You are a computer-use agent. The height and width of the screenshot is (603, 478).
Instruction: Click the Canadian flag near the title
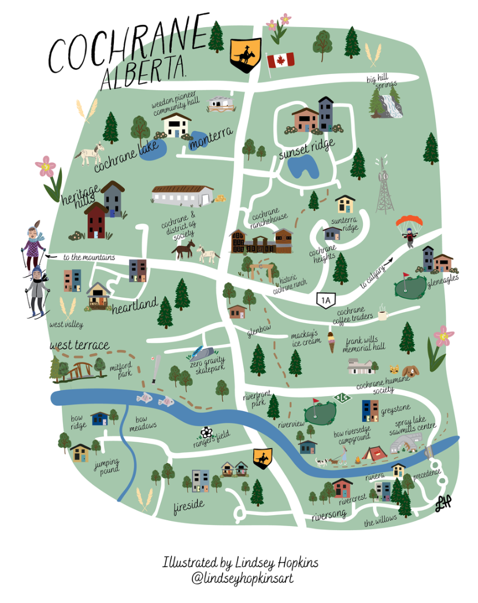point(280,60)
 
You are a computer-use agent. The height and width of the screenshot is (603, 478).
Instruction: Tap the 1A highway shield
point(326,299)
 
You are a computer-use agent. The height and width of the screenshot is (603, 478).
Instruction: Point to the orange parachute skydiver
point(409,229)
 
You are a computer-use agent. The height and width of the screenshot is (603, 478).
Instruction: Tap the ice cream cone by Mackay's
point(331,342)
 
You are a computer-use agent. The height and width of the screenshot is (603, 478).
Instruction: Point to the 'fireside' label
point(188,506)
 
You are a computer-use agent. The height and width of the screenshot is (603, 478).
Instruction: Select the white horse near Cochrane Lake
point(89,154)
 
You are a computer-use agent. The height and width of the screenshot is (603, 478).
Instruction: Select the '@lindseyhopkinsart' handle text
point(240,578)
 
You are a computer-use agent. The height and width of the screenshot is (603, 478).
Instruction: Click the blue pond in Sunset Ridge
point(302,167)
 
